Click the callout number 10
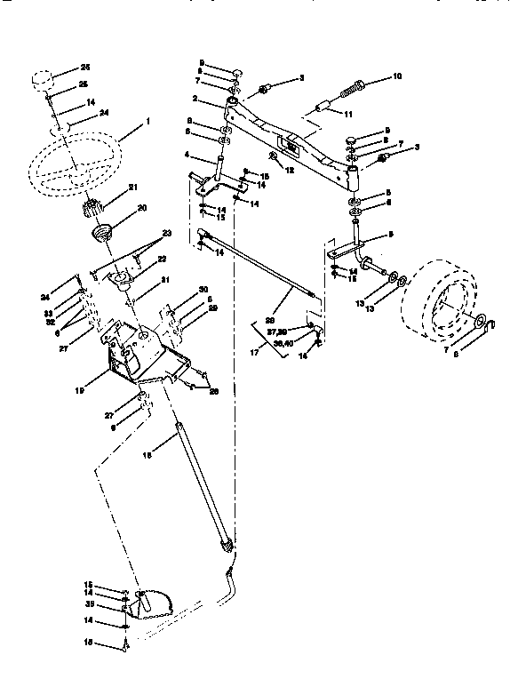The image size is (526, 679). pyautogui.click(x=396, y=77)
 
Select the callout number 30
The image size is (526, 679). pyautogui.click(x=203, y=290)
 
